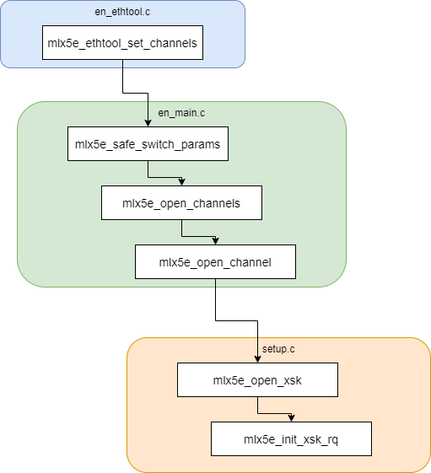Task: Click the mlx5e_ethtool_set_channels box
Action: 122,43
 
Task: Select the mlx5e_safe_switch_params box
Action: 148,144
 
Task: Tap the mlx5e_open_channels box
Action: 181,203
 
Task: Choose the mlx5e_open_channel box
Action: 215,262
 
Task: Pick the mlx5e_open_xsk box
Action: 257,380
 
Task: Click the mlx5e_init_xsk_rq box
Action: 291,439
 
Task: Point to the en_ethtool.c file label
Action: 122,13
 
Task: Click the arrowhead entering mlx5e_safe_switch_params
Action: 148,123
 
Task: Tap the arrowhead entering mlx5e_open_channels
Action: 181,182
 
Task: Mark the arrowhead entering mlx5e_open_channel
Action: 215,241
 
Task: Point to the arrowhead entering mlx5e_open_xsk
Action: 257,359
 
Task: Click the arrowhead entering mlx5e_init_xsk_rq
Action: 291,418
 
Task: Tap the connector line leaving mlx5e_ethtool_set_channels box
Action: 122,63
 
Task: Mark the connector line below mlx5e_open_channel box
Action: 215,282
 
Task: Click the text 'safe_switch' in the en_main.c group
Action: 143,144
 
